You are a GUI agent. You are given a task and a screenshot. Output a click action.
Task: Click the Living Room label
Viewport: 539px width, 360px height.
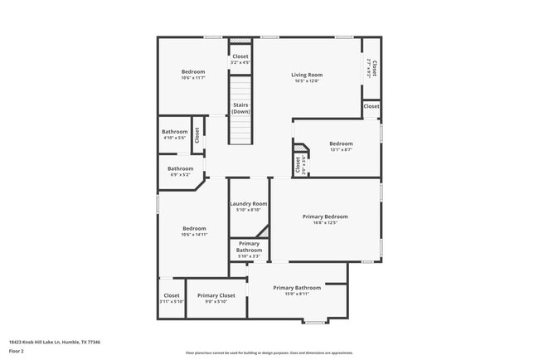point(306,75)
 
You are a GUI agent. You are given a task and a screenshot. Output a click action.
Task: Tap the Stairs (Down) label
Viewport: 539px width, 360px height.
point(240,109)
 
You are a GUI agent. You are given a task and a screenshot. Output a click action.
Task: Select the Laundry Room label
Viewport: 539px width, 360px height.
point(249,203)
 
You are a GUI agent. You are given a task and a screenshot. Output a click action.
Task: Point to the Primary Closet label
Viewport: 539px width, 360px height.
point(216,295)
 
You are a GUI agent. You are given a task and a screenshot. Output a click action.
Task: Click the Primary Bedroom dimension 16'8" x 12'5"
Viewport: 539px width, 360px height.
point(324,222)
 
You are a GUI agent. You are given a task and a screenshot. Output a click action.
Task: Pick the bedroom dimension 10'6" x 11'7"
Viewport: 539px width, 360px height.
point(192,78)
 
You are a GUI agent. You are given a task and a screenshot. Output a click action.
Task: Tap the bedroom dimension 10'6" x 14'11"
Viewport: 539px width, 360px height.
point(194,235)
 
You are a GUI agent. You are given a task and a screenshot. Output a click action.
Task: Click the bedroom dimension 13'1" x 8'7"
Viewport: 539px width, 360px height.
point(341,149)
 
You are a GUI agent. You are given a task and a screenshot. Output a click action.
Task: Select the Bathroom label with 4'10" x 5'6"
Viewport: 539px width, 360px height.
point(174,132)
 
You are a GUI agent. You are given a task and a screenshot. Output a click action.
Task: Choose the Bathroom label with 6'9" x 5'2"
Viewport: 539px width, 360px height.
point(180,168)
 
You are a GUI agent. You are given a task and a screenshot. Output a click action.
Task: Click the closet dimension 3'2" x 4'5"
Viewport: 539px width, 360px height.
point(240,63)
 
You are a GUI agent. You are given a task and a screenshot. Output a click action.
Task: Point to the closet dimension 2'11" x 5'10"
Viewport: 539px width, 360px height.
point(172,302)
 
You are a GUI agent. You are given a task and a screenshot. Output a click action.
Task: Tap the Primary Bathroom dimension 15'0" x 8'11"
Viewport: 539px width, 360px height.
point(296,294)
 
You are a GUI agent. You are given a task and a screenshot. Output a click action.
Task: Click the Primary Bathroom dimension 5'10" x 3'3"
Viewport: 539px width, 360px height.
point(249,256)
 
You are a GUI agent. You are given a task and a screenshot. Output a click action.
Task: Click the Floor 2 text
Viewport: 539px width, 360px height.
point(16,352)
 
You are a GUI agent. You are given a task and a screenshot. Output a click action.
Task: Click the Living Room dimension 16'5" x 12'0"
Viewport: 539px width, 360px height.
point(306,81)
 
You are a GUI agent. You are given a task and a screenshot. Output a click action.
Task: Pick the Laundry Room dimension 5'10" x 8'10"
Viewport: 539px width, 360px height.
point(249,210)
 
